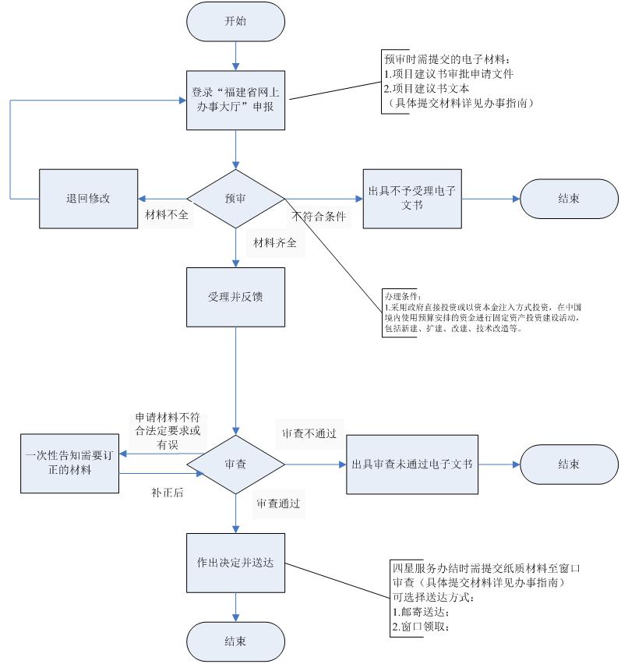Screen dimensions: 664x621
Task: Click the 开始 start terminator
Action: [x=235, y=21]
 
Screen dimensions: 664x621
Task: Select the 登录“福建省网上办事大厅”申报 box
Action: [x=235, y=100]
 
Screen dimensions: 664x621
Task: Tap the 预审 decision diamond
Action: [x=235, y=199]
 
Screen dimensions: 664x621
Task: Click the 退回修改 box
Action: [x=89, y=199]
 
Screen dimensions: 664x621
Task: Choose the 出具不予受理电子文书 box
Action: [x=411, y=199]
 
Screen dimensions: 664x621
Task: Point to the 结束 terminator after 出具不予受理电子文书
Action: [x=569, y=199]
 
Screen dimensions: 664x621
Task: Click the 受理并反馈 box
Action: [x=235, y=297]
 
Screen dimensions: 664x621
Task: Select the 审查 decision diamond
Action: [x=235, y=464]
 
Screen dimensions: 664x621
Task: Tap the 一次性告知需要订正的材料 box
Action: [x=69, y=464]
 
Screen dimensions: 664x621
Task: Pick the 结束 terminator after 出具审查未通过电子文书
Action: [x=569, y=464]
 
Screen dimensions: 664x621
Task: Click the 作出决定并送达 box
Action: [x=235, y=563]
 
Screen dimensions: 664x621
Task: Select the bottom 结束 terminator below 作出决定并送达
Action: [x=235, y=642]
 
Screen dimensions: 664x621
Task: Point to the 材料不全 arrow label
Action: [x=167, y=215]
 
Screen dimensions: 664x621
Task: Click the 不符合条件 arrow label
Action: [x=318, y=217]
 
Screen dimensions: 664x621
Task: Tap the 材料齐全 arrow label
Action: [x=274, y=242]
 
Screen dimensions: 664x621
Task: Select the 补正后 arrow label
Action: [x=167, y=493]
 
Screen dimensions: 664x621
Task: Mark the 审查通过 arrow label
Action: [x=278, y=504]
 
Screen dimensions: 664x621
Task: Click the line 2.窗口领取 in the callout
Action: [x=421, y=626]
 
